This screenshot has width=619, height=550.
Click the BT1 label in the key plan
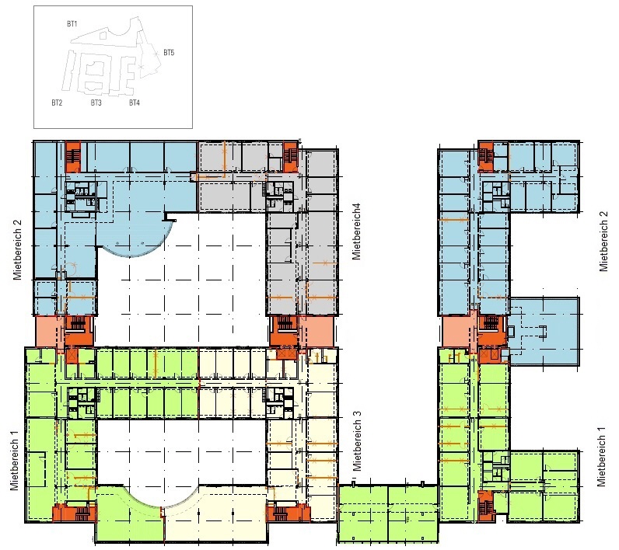(72, 24)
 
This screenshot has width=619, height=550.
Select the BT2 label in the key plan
(57, 103)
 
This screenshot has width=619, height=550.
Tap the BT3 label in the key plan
(96, 103)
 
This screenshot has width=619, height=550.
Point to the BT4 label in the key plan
(135, 103)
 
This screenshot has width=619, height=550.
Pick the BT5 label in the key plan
(169, 53)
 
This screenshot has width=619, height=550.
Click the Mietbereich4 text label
(356, 231)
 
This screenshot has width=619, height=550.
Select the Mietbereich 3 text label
(357, 440)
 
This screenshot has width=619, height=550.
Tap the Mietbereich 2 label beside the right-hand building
(603, 242)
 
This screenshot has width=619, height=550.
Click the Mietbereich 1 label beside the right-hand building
(601, 457)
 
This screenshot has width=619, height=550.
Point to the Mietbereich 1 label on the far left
(15, 461)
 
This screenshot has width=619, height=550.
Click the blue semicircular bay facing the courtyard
(135, 241)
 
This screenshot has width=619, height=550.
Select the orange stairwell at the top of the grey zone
(290, 157)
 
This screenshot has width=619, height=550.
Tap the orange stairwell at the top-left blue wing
(73, 157)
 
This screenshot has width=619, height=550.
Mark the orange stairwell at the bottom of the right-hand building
(485, 506)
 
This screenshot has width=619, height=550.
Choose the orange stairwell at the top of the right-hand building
(486, 157)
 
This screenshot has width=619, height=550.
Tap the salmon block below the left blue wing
(50, 332)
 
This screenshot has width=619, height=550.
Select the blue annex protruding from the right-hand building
(544, 331)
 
